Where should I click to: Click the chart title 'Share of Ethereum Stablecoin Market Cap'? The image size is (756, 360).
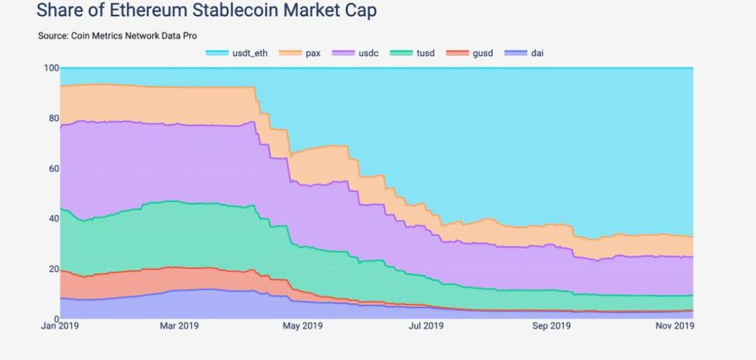tap(206, 11)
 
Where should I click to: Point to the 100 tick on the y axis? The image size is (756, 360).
tap(51, 68)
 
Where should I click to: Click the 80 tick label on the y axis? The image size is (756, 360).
tap(53, 118)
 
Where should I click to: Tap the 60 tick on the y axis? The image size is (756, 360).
tap(53, 169)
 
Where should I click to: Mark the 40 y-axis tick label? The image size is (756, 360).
tap(53, 219)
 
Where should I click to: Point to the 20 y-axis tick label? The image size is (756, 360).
tap(53, 270)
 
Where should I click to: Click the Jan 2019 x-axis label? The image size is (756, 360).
tap(59, 326)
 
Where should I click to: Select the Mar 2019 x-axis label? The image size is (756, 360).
tap(179, 326)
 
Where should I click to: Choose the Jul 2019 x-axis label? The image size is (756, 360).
tap(426, 326)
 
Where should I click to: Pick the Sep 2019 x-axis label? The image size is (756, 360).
tap(551, 326)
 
